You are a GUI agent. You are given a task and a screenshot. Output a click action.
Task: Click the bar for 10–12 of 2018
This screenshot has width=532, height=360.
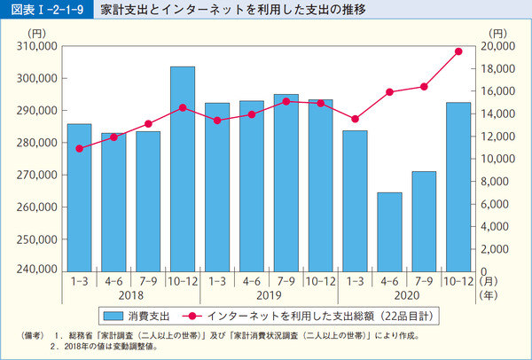[183, 168]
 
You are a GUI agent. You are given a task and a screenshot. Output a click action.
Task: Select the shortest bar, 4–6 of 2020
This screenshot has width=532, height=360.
[389, 231]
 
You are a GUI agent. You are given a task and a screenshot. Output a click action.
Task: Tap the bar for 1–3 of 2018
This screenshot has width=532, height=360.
[79, 197]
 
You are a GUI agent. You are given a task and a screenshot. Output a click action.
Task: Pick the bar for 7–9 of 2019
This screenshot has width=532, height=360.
[286, 182]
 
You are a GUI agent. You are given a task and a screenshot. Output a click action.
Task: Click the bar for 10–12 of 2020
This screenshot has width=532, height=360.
[458, 186]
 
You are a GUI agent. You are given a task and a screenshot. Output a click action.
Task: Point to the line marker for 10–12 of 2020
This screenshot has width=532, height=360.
[458, 51]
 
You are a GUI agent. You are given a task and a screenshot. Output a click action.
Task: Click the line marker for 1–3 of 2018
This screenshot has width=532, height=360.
[79, 148]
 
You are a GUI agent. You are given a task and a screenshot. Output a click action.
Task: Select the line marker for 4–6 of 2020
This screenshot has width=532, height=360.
[389, 92]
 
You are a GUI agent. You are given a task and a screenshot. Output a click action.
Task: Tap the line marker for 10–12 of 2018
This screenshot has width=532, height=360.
[183, 107]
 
